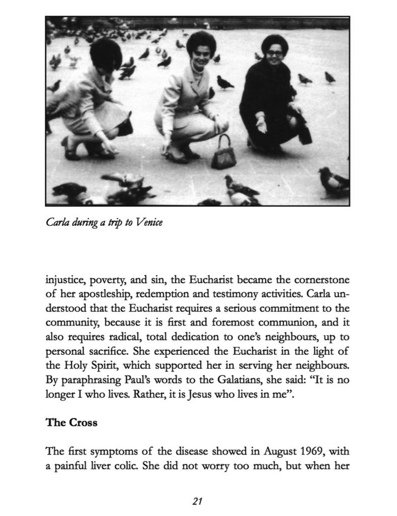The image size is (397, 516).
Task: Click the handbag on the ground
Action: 223,153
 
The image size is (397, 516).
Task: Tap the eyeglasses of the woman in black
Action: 274,52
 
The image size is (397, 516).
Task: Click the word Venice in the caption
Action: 149,222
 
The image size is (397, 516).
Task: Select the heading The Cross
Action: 71,422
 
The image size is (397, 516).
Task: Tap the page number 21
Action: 197,501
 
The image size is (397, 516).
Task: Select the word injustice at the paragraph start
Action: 66,279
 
